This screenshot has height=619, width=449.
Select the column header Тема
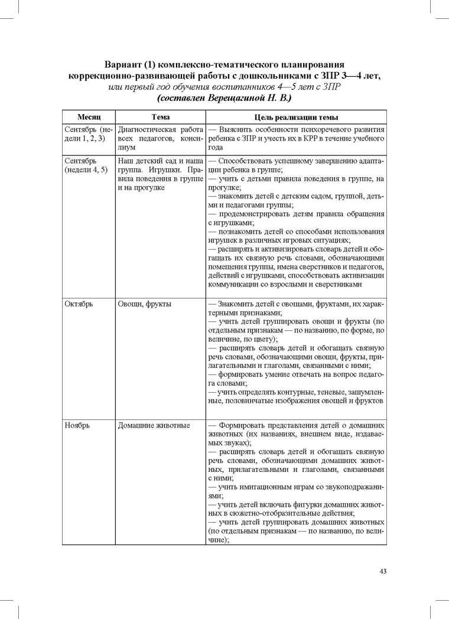160,118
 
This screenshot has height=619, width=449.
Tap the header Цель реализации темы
295,118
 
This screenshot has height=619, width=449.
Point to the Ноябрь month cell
77,425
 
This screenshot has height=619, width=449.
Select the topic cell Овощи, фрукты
145,304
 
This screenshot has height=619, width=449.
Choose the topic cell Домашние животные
154,425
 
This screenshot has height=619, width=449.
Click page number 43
382,571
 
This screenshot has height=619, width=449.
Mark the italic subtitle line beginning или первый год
224,87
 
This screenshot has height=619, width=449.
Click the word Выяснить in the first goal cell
237,129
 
